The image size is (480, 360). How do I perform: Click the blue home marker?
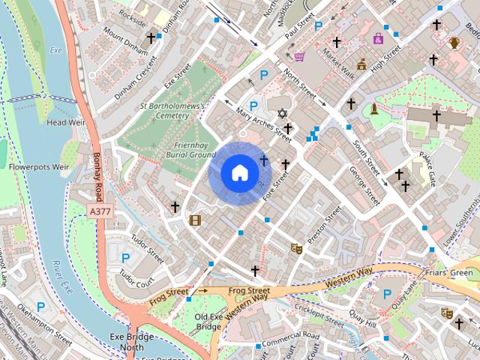[x=239, y=173]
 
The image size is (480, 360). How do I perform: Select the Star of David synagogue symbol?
[x=282, y=114]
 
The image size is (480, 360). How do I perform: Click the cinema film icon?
[x=196, y=220]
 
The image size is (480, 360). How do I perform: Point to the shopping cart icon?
[x=299, y=56]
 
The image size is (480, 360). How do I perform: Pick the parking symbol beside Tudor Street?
[x=125, y=258]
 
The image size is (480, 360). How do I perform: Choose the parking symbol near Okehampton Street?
[x=40, y=306]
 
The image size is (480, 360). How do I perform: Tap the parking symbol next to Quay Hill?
[x=387, y=295]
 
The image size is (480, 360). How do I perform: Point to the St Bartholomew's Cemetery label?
[x=172, y=111]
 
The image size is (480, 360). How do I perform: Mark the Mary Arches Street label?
[x=263, y=124]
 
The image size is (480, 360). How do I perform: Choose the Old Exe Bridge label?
[x=208, y=322]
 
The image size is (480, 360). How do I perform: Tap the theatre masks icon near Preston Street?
[x=296, y=247]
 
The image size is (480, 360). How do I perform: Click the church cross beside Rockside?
[x=151, y=37]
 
